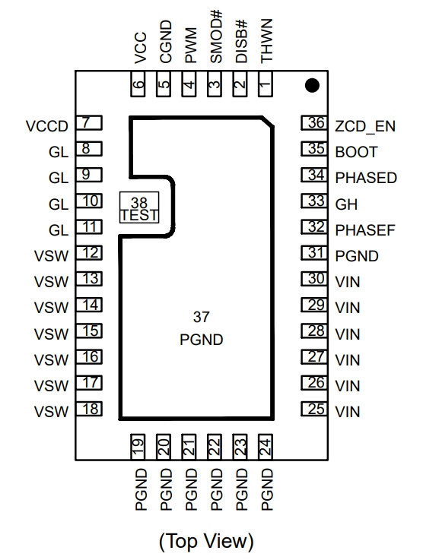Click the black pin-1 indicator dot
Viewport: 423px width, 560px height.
tap(312, 85)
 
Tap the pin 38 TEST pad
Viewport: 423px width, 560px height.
tap(139, 207)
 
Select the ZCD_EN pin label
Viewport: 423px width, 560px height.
tap(365, 126)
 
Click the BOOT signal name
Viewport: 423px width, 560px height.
tap(356, 152)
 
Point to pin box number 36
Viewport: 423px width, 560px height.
tap(314, 123)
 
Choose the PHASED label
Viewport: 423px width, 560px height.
tap(366, 178)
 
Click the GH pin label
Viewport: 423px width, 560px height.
tap(346, 204)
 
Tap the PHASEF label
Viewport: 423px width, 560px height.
tap(365, 230)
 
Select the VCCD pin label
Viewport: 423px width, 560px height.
tap(47, 126)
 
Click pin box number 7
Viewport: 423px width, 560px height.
tap(89, 123)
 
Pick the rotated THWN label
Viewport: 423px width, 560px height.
tap(267, 41)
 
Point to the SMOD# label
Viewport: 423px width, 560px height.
tap(216, 36)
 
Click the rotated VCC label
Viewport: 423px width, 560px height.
tap(141, 48)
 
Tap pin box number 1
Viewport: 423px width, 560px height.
tap(266, 84)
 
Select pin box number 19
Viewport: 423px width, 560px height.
tap(138, 447)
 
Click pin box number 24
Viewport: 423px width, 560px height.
tap(266, 447)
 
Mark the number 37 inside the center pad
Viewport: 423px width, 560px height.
tap(202, 317)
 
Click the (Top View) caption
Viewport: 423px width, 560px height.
tap(206, 541)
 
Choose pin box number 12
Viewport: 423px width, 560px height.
tap(89, 253)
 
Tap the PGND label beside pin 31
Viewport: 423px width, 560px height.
tap(357, 256)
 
